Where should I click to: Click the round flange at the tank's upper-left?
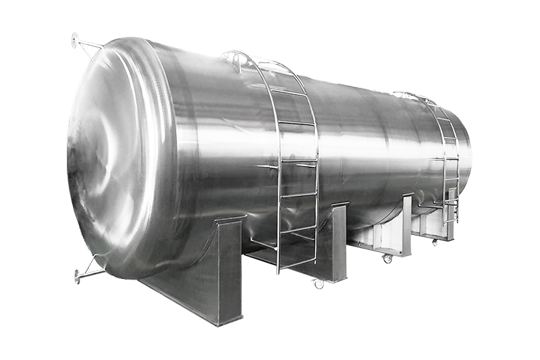75,40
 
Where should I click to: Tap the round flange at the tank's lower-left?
78,276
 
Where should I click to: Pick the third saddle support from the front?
404,226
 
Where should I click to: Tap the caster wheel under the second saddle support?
319,284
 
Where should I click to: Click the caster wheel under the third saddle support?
387,259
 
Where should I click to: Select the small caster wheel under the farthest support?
434,242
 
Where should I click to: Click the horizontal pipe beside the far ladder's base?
432,205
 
